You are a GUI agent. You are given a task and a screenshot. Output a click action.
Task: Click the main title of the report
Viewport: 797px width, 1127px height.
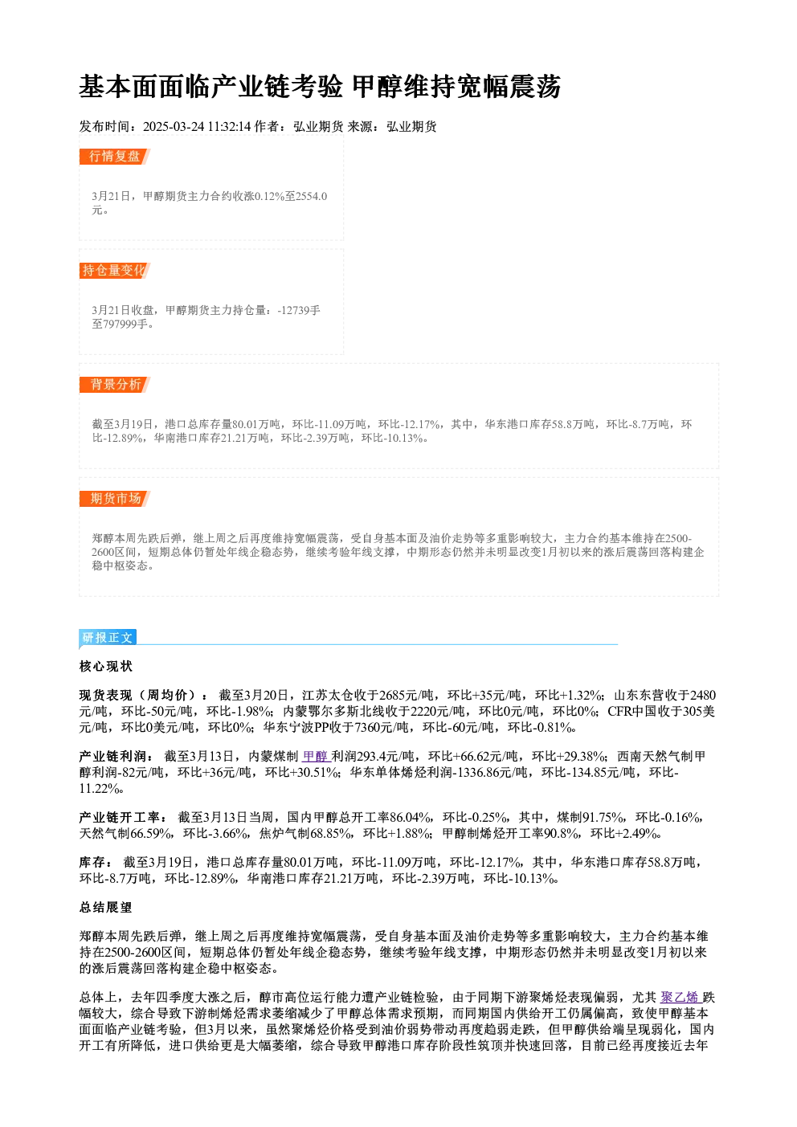(x=320, y=86)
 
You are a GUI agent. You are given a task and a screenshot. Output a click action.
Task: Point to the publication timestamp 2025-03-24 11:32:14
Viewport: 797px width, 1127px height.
(x=197, y=126)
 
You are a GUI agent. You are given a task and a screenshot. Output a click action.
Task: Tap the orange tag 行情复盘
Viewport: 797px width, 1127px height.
(x=114, y=157)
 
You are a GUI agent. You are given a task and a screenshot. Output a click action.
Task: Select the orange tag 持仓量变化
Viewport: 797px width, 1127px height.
(x=114, y=271)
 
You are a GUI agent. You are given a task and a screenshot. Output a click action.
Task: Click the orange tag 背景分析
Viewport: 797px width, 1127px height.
(x=114, y=385)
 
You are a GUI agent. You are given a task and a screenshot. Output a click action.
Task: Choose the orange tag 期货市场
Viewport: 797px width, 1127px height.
(x=114, y=499)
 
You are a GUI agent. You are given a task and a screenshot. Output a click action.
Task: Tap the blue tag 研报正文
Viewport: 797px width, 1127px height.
(x=108, y=638)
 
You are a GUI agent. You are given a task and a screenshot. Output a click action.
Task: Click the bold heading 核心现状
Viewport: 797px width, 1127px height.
(x=106, y=667)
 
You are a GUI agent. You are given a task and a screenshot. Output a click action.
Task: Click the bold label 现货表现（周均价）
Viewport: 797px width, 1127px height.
(x=142, y=696)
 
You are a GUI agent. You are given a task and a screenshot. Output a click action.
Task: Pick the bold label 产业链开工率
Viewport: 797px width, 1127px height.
(x=122, y=818)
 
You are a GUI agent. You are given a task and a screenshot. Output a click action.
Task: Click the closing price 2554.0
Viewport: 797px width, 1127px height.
(x=311, y=196)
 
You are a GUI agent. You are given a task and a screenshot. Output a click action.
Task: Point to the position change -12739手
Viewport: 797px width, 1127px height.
(x=299, y=310)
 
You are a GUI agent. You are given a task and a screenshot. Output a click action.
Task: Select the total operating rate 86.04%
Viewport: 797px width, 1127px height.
(x=411, y=818)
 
